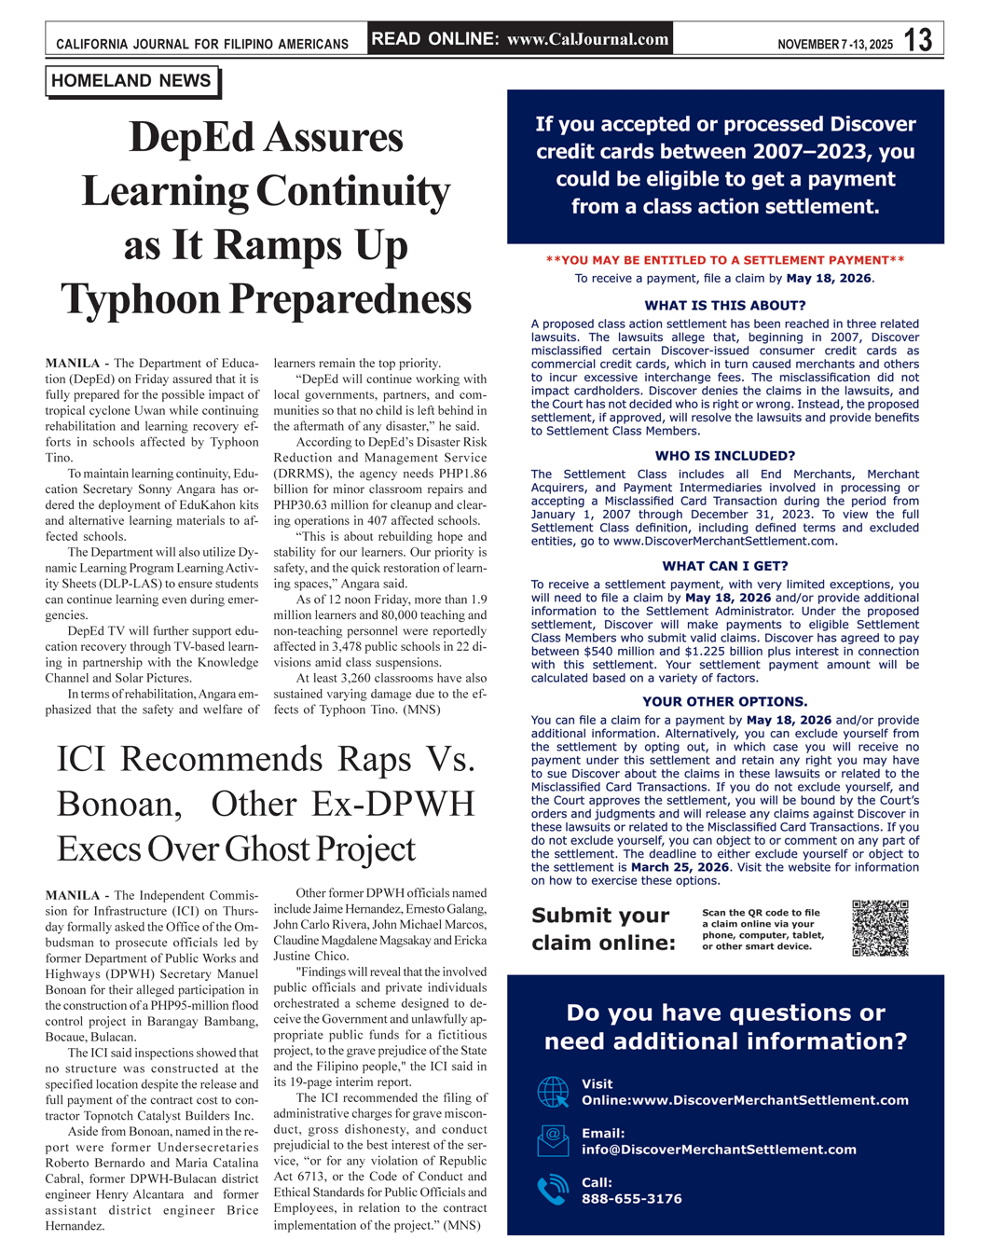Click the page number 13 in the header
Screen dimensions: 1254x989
pos(917,39)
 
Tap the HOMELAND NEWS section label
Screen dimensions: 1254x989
pos(131,81)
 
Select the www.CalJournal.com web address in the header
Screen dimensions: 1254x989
pos(587,39)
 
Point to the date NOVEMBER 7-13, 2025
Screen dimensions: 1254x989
pos(834,45)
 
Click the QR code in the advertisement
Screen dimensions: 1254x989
pos(879,928)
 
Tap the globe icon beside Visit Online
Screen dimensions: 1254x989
pos(553,1092)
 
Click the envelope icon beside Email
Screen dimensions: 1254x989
pos(553,1140)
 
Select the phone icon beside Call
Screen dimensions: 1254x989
pos(553,1190)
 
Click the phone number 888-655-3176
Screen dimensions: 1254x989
pos(631,1198)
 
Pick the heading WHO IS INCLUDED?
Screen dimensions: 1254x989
pos(724,456)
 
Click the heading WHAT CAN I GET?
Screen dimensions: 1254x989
pos(724,566)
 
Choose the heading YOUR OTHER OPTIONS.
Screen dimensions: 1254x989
pos(724,701)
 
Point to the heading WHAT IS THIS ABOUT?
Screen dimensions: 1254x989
pos(724,305)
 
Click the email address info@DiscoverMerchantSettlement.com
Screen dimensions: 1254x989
pos(718,1150)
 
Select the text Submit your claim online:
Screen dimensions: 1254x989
pos(602,929)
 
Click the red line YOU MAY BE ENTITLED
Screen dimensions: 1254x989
pos(724,260)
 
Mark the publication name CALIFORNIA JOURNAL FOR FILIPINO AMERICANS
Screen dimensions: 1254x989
pos(202,44)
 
